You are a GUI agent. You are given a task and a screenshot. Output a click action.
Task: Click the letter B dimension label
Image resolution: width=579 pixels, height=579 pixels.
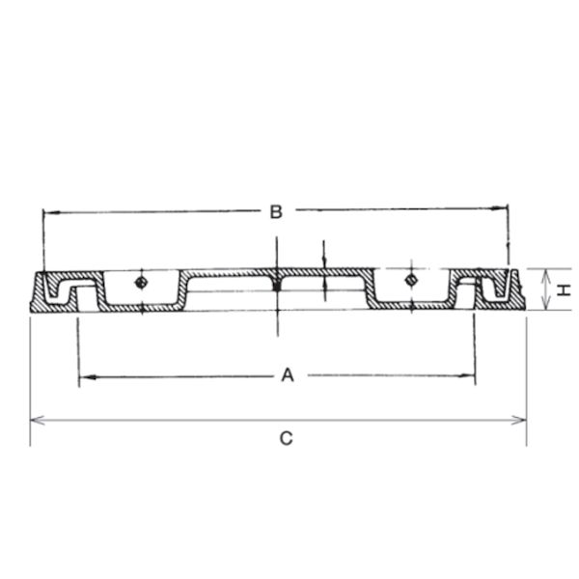tap(276, 212)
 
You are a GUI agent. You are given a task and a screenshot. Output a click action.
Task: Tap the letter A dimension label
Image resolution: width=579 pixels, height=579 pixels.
tap(288, 374)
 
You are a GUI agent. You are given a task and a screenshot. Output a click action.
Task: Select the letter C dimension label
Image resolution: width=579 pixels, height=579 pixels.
tap(287, 438)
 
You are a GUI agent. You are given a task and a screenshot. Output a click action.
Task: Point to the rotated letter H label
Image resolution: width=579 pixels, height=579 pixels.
tap(564, 289)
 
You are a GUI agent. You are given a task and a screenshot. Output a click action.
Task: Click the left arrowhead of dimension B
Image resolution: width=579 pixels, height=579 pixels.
tap(51, 212)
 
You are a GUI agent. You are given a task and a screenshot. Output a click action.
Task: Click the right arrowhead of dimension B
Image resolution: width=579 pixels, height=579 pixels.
tap(499, 207)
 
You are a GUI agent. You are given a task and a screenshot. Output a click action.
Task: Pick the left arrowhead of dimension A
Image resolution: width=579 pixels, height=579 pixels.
tap(88, 377)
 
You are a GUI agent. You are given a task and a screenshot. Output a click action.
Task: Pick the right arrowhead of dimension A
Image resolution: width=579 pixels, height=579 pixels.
tap(466, 376)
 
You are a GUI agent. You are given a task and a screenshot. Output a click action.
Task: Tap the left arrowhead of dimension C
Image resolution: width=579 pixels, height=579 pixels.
tap(38, 420)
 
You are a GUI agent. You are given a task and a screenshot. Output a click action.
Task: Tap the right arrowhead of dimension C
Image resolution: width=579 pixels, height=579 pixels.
tap(519, 420)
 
